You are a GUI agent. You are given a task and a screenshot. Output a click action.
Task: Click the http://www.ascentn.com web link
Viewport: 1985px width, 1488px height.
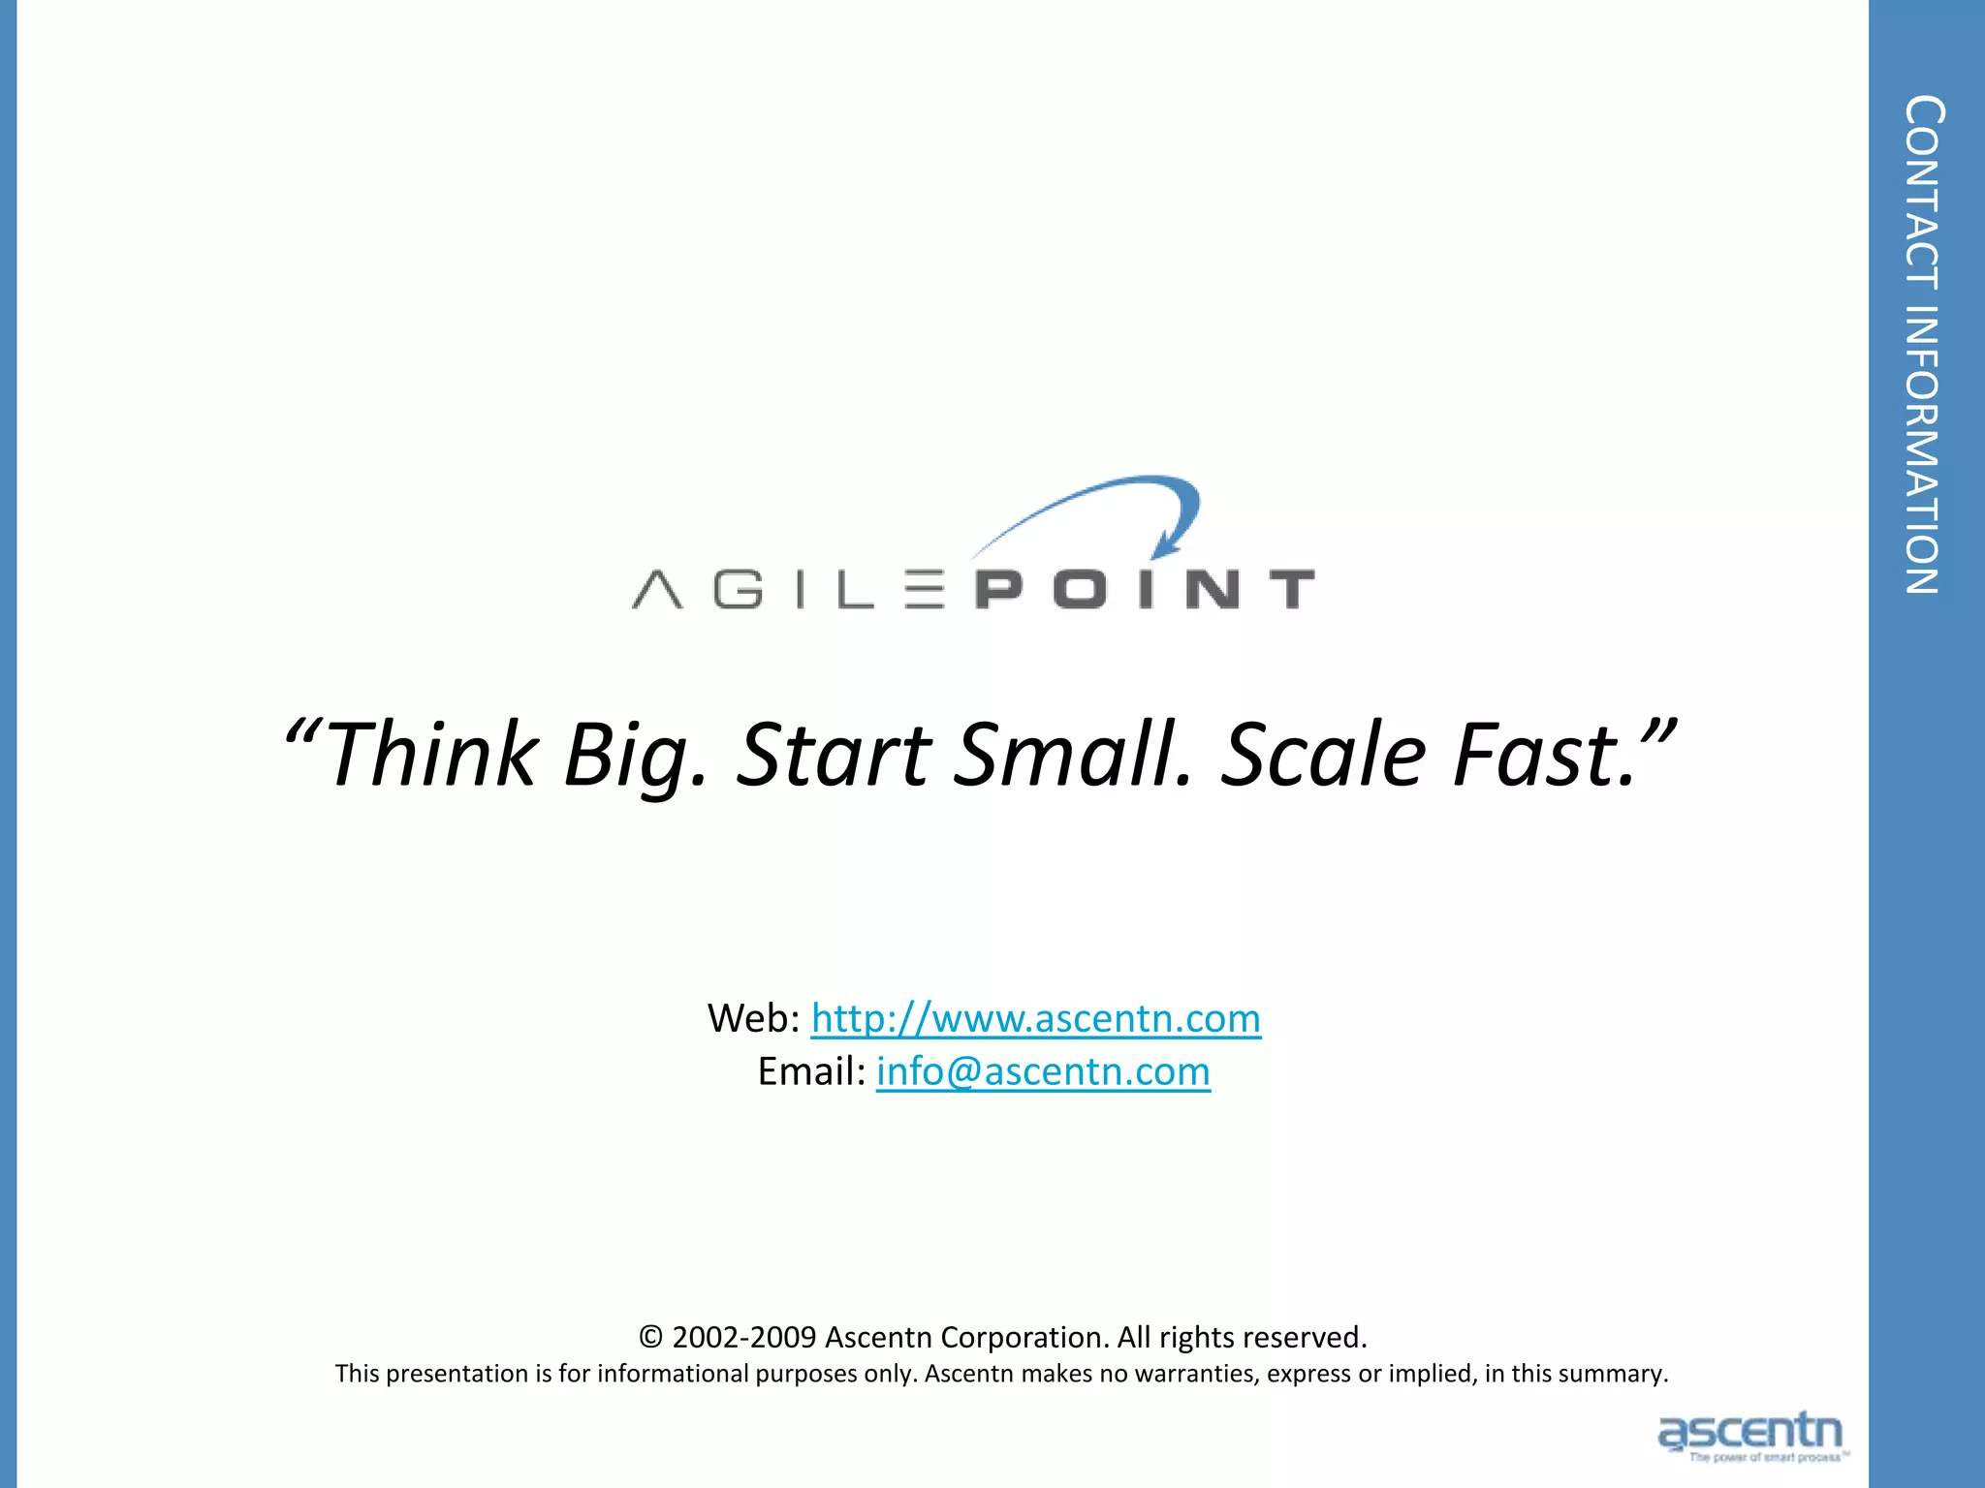point(1035,1019)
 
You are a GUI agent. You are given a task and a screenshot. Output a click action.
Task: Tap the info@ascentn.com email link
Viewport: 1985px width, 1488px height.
point(1043,1072)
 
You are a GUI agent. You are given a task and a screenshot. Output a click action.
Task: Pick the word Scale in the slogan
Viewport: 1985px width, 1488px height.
point(1323,755)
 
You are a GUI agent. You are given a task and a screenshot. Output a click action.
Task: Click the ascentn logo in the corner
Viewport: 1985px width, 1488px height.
point(1750,1435)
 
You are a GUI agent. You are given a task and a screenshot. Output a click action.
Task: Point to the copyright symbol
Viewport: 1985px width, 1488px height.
point(650,1338)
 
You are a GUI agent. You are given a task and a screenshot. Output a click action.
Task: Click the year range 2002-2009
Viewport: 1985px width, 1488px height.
point(744,1338)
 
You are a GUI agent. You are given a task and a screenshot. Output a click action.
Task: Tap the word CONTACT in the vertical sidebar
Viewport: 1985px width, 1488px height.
point(1924,193)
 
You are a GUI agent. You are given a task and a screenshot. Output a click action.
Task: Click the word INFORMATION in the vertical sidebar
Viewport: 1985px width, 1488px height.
point(1924,449)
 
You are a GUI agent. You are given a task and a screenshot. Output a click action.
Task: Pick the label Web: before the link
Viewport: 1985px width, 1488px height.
point(753,1019)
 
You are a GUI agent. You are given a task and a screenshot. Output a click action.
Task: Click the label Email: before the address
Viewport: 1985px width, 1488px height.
point(811,1072)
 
